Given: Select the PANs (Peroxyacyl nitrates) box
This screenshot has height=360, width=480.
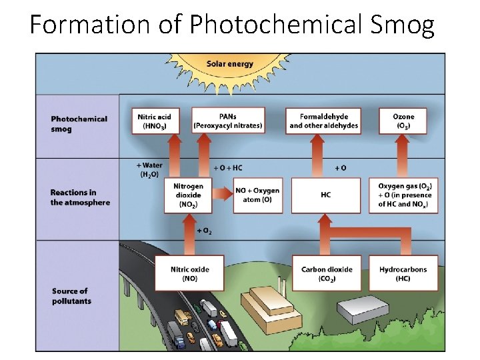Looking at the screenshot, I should [x=227, y=121].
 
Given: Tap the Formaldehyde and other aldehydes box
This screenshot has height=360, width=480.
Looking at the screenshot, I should [x=323, y=121].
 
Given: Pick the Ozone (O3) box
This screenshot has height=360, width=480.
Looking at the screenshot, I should [x=403, y=121].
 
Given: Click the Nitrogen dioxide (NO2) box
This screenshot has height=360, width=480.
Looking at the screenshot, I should [x=188, y=195].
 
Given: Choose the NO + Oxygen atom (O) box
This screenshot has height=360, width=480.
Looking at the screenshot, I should [x=257, y=195].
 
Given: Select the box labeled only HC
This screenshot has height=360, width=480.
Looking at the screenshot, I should [x=325, y=195].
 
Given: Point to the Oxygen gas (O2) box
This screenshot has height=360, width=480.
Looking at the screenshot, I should [x=405, y=195].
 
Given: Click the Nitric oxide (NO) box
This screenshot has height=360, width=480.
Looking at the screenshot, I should [x=189, y=273].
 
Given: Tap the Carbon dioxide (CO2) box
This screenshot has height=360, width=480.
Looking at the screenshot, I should [x=327, y=273].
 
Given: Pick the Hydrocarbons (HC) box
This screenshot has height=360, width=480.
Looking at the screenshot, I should [x=403, y=273].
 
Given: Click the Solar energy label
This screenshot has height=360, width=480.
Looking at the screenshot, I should [x=230, y=64].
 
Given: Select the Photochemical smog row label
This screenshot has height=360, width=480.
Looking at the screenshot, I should [x=79, y=124].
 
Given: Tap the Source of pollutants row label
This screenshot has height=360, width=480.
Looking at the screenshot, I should [x=71, y=296].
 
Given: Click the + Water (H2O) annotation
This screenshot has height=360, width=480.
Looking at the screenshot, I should [x=149, y=169].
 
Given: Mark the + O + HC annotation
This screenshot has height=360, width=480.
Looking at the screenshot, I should [x=227, y=167].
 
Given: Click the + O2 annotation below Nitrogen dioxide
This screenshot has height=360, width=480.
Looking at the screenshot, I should [x=204, y=230].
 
